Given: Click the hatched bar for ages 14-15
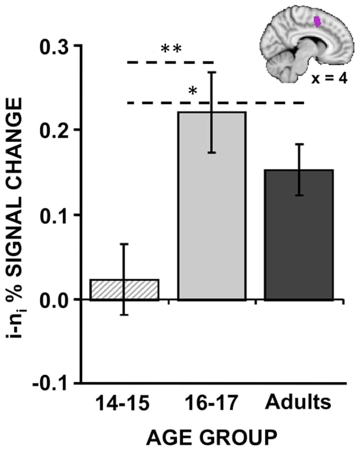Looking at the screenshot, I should click(124, 290).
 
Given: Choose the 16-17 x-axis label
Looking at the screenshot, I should click(211, 403).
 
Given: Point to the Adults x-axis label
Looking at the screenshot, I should click(298, 403).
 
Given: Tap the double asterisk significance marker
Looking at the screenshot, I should click(171, 49).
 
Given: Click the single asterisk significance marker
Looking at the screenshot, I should click(193, 91).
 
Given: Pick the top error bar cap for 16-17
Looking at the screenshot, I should click(211, 72).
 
